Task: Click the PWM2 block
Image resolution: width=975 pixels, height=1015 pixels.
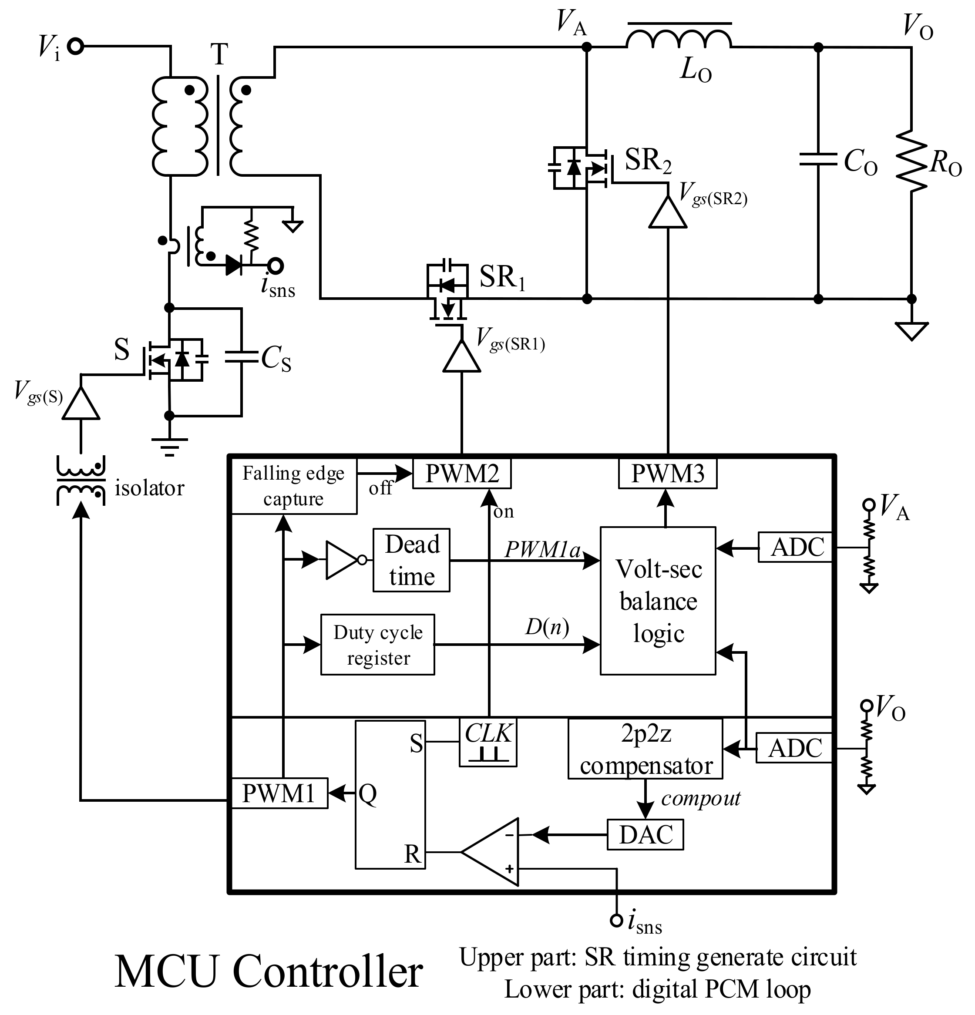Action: [x=461, y=473]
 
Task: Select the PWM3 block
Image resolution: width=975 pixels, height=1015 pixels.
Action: [x=667, y=473]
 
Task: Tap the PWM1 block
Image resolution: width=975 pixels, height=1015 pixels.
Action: [x=279, y=793]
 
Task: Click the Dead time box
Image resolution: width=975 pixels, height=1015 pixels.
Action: [x=411, y=560]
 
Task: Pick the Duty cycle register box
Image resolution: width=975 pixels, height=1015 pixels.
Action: [x=377, y=644]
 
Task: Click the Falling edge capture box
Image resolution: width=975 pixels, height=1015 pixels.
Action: [x=293, y=486]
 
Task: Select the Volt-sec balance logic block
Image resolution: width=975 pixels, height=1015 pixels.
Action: [x=658, y=601]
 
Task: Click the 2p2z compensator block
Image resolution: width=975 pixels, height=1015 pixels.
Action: [x=645, y=748]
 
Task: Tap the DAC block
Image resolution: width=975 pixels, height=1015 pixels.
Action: [x=645, y=834]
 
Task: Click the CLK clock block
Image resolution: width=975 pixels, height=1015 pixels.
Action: [x=488, y=742]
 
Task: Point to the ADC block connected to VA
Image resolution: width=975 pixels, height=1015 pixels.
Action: [x=795, y=547]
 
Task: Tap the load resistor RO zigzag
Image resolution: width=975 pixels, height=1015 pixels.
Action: [x=911, y=161]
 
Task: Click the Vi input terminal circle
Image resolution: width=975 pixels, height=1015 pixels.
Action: [x=76, y=47]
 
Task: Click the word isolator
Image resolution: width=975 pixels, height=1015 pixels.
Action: [x=149, y=488]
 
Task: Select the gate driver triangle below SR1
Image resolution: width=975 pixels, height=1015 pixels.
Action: [x=461, y=357]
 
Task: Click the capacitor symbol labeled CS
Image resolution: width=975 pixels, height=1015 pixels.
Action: [x=241, y=356]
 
